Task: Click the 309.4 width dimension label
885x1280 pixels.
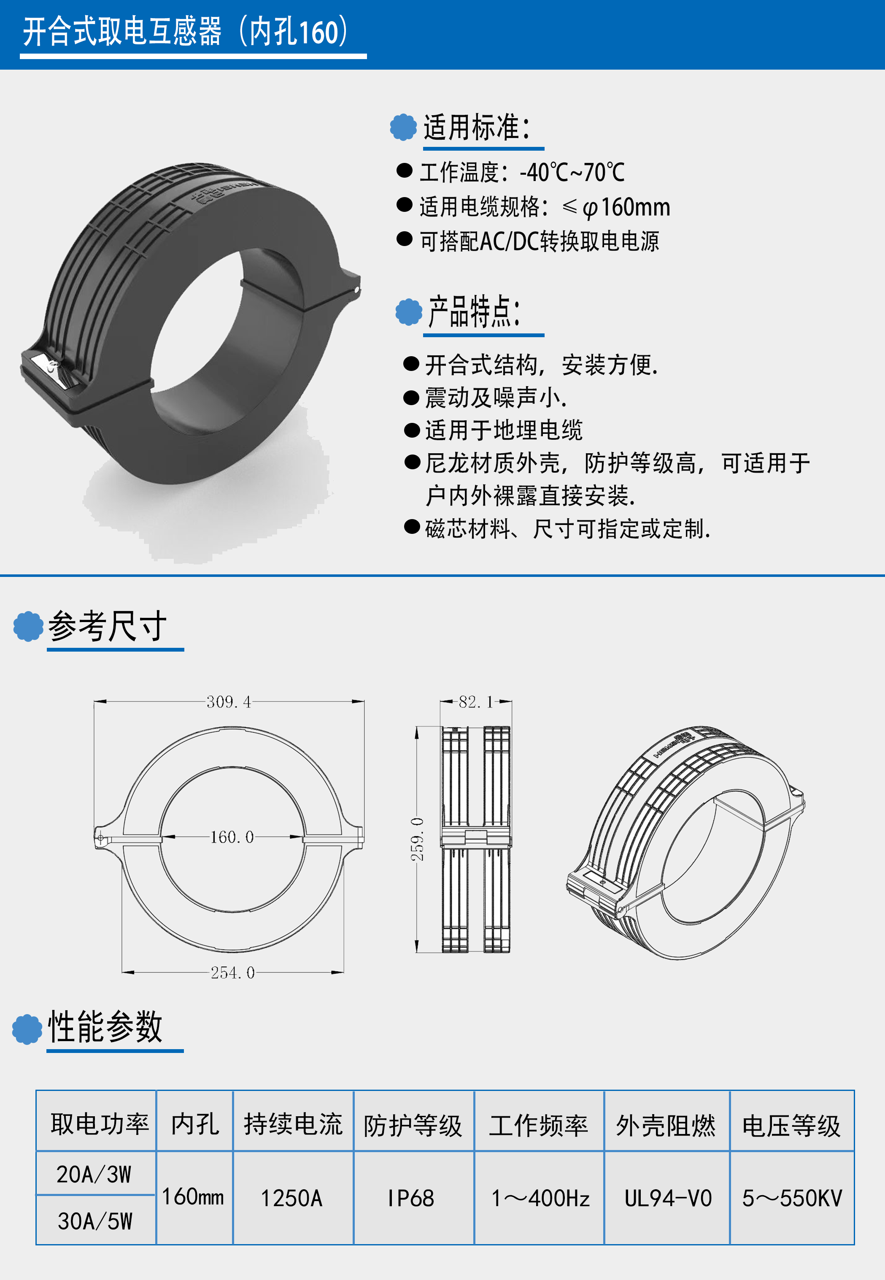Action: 229,702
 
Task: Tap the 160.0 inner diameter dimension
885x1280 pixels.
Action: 232,837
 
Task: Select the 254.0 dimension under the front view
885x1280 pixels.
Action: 232,973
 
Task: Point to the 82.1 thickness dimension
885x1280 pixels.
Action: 476,702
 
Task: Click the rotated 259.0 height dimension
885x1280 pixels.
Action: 417,839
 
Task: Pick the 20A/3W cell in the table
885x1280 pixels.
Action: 94,1174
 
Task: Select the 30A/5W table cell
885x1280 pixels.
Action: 95,1221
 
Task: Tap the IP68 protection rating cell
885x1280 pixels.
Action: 411,1199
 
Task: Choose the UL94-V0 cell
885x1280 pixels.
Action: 668,1199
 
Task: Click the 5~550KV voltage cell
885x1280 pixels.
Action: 792,1199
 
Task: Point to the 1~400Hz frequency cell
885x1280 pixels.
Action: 540,1199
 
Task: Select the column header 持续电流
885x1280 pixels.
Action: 293,1125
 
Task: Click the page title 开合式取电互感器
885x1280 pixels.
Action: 122,31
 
